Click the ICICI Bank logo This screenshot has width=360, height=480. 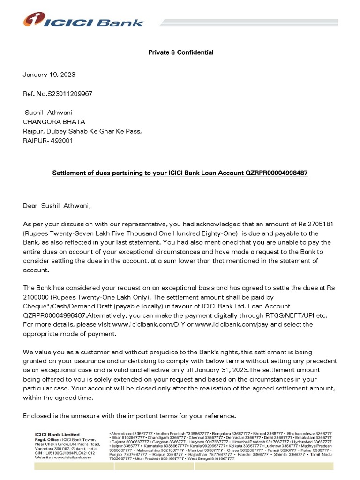(83, 20)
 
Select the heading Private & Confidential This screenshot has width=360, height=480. (180, 52)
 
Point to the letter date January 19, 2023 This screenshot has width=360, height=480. (49, 75)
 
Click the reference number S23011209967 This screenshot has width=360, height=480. (69, 94)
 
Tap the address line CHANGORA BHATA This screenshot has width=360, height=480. (54, 122)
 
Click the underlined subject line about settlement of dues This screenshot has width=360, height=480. (180, 173)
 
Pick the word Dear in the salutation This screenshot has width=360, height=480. (31, 205)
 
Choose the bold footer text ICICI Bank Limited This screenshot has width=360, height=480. (57, 435)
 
